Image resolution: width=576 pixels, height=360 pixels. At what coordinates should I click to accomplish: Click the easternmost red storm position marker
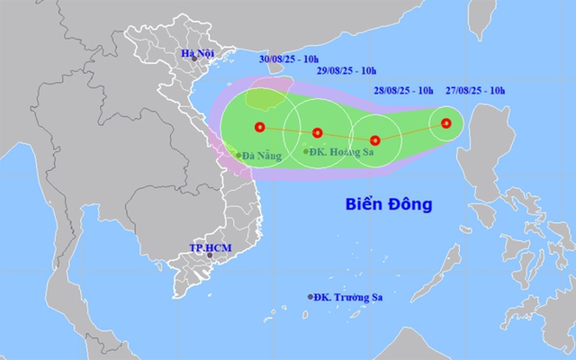446,123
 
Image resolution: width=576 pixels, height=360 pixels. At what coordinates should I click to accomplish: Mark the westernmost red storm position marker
260,127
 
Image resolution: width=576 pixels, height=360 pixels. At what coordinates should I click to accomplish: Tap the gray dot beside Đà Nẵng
238,155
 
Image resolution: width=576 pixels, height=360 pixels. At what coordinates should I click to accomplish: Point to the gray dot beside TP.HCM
210,256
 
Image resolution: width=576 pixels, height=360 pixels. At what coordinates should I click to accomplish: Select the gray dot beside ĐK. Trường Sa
311,297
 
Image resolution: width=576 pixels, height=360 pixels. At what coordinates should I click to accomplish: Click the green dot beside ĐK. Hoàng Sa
305,151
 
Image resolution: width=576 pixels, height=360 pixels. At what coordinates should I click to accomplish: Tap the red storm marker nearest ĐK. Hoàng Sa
317,133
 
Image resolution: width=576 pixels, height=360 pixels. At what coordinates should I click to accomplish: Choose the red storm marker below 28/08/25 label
375,140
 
